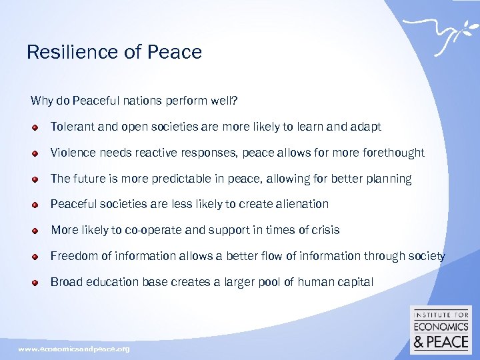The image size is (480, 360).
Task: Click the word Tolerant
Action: click(73, 127)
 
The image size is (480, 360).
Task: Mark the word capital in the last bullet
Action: click(354, 282)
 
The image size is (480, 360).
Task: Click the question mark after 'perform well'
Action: click(234, 101)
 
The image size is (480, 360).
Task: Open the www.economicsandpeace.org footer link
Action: click(74, 349)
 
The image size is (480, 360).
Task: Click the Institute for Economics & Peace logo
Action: click(441, 330)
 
